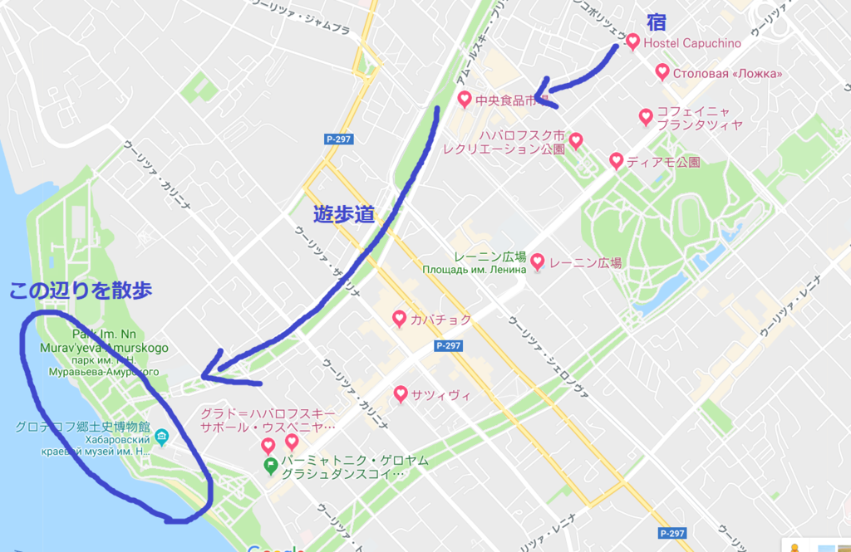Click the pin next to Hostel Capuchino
tap(632, 42)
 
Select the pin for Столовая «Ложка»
tap(662, 72)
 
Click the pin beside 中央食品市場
tap(465, 100)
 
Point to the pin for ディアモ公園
tap(616, 160)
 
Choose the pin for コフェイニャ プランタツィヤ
tap(646, 116)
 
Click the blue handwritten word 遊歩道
tap(344, 214)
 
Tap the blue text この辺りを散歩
tap(81, 291)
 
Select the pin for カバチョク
tap(400, 318)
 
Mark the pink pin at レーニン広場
tap(538, 262)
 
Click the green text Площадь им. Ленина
tap(474, 270)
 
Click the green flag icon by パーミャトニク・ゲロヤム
tap(270, 466)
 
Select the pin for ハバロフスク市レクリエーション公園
tap(575, 139)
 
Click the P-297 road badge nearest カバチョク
tap(447, 344)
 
